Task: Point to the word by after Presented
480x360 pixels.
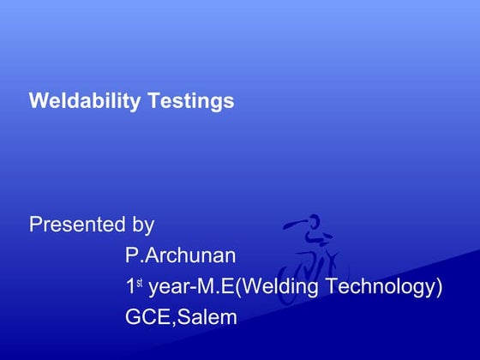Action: (x=142, y=226)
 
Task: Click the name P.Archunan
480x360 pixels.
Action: (x=180, y=255)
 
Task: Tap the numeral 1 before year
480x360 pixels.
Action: (x=130, y=286)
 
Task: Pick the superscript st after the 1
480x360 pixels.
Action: (x=140, y=281)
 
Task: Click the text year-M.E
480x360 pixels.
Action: (x=190, y=286)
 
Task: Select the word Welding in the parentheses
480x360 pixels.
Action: (x=281, y=286)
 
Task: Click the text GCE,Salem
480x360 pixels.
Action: (x=180, y=317)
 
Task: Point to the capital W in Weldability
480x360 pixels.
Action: (x=38, y=101)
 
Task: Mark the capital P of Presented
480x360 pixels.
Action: (x=35, y=225)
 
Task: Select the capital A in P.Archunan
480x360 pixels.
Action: (x=149, y=255)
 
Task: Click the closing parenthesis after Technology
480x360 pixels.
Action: (x=439, y=286)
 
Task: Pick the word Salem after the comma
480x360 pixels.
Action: (x=208, y=317)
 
